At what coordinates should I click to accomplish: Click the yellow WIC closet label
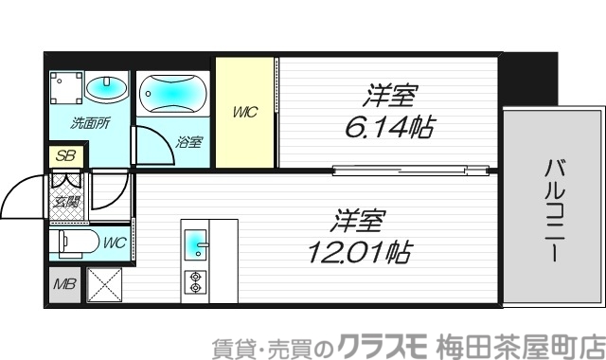pos(245,113)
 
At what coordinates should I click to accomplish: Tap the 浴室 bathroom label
pos(188,143)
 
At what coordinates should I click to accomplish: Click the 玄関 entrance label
pos(67,200)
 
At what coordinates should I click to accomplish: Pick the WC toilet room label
pos(115,242)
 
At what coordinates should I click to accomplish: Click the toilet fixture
pos(76,243)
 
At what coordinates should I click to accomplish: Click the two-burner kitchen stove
pos(196,280)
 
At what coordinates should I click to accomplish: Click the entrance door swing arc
pos(21,195)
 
